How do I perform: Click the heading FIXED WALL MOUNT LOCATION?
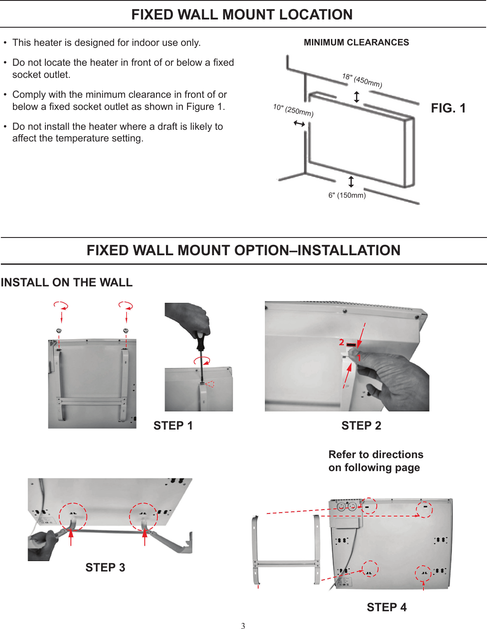(242, 15)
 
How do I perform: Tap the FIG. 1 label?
(448, 108)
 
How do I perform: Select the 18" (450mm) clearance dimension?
(362, 80)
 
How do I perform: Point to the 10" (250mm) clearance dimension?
(293, 110)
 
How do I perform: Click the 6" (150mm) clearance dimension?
(347, 196)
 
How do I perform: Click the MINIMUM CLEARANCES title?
(356, 42)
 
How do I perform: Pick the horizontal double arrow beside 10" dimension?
(299, 124)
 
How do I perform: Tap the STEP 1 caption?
(173, 426)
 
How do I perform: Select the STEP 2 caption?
(361, 426)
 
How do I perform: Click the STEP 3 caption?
(105, 568)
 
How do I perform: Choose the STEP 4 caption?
(387, 607)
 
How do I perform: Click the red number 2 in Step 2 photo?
(341, 342)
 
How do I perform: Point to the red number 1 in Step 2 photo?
(359, 358)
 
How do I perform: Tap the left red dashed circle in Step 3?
(73, 517)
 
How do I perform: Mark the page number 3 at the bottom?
(243, 626)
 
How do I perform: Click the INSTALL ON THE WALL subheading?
(67, 282)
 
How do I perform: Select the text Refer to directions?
(376, 455)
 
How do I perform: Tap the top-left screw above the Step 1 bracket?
(59, 331)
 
